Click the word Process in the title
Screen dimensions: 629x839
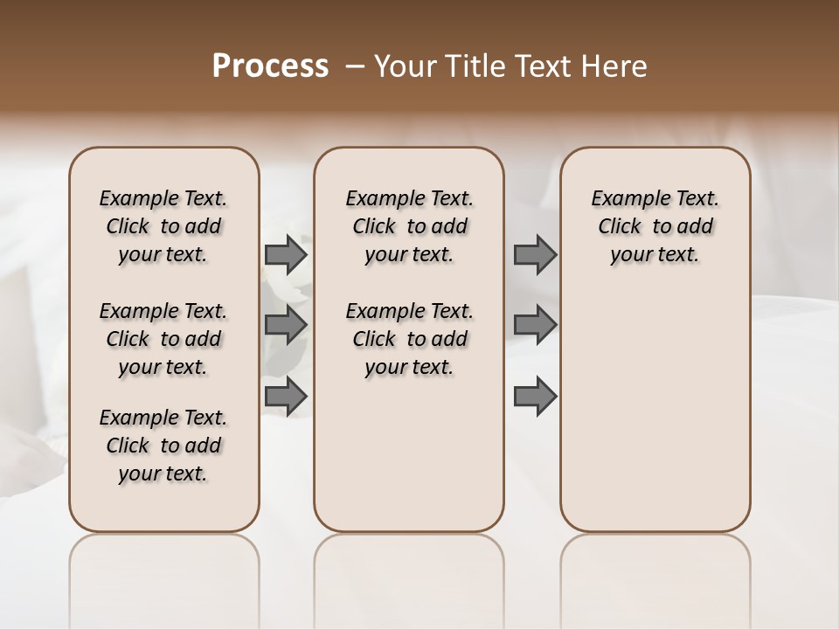[x=269, y=66]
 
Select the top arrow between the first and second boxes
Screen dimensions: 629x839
[x=286, y=255]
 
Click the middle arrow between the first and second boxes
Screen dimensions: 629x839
[x=286, y=325]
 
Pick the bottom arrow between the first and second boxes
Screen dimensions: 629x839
[x=286, y=396]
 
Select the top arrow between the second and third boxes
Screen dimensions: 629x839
[x=535, y=255]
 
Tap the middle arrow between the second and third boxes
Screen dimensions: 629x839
[x=535, y=325]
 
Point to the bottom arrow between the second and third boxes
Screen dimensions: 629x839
[x=535, y=396]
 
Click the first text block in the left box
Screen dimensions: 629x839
[x=163, y=226]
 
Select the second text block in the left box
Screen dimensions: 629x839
[x=163, y=339]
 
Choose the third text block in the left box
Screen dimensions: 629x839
[x=163, y=446]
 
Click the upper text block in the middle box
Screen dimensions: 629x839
[x=409, y=226]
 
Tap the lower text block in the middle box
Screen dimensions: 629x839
[x=409, y=339]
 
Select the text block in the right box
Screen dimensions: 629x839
[x=655, y=226]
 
